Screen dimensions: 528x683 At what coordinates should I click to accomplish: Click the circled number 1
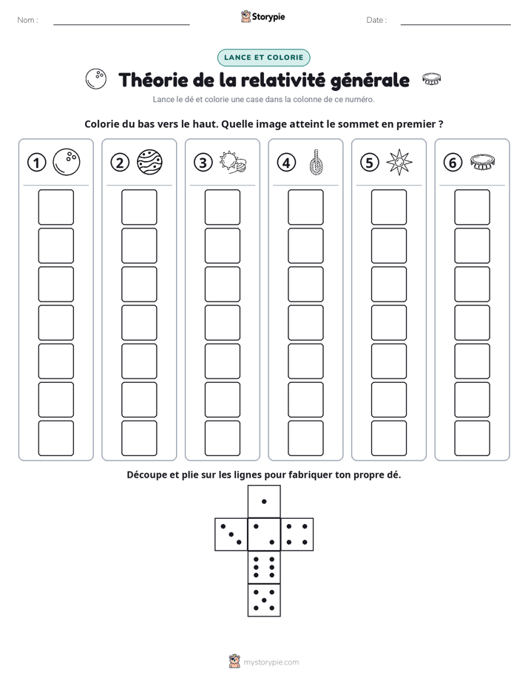pos(36,163)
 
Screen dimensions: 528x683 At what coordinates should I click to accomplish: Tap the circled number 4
pos(286,163)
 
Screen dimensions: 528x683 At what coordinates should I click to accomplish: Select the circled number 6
pos(453,163)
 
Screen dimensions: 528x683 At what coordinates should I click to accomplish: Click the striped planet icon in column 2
pos(149,162)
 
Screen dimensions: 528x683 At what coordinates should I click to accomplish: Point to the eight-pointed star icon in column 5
pos(399,162)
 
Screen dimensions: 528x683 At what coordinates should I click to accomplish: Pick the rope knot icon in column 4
pos(317,162)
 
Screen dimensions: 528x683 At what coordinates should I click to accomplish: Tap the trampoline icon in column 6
pos(483,162)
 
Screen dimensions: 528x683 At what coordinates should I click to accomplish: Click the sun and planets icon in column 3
pos(233,162)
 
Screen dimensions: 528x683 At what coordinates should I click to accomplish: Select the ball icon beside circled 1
pos(67,162)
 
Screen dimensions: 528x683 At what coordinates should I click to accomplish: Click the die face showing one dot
pos(264,501)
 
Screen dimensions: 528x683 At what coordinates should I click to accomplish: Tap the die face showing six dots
pos(264,567)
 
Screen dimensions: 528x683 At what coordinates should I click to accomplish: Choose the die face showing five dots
pos(264,599)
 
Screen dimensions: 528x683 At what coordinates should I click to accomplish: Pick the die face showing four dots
pos(297,534)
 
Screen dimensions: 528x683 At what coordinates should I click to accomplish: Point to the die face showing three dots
pos(231,534)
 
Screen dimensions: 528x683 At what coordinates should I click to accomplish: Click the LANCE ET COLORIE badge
pos(263,58)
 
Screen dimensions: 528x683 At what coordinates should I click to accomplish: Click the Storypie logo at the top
pos(263,16)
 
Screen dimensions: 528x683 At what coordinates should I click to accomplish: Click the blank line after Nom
pos(121,24)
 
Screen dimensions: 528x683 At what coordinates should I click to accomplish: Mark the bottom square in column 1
pos(55,438)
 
